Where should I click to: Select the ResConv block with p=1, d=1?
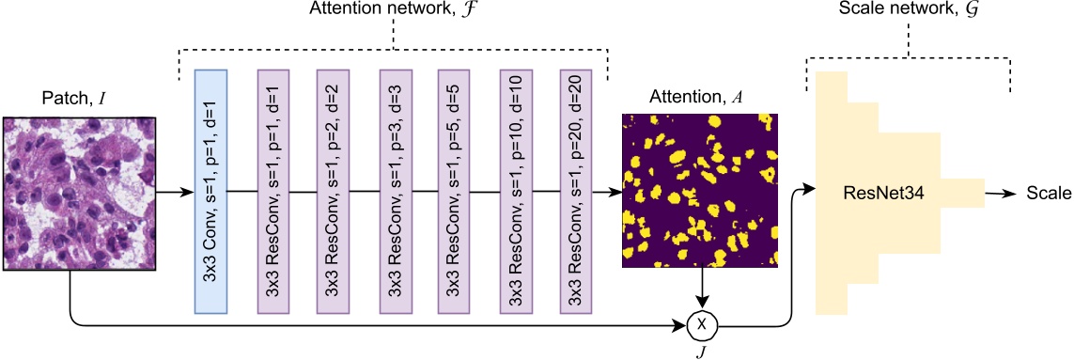tap(272, 191)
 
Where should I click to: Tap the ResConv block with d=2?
tap(332, 191)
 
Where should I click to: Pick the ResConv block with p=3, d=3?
tap(394, 191)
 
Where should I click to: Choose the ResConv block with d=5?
tap(454, 191)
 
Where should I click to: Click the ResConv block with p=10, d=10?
tap(515, 191)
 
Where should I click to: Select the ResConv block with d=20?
tap(575, 191)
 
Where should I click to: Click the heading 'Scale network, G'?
tap(908, 12)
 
